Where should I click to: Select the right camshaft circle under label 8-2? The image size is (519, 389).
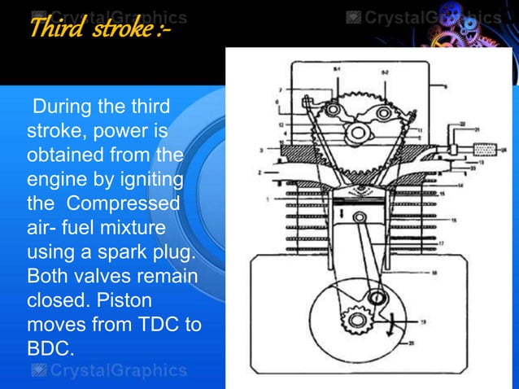[382, 114]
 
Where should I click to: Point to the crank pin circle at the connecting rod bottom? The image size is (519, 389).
[376, 299]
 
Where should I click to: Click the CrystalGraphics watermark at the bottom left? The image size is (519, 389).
[108, 371]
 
